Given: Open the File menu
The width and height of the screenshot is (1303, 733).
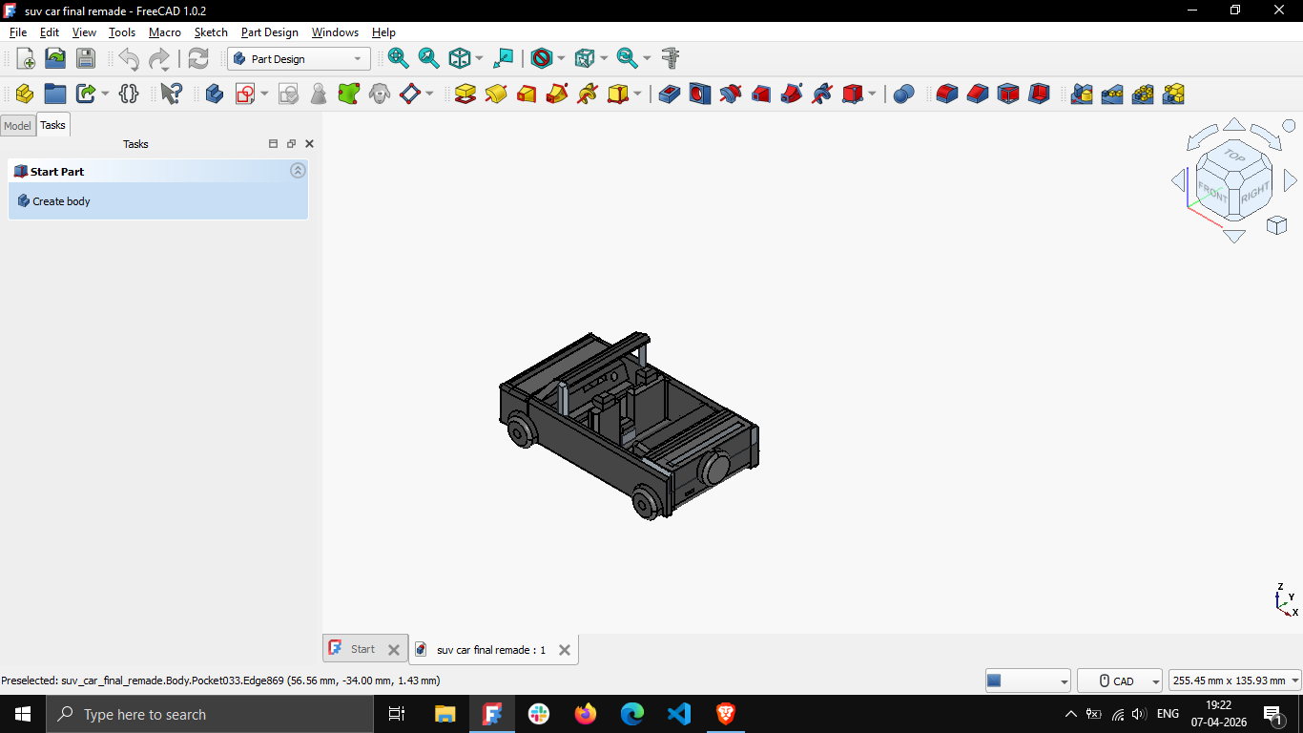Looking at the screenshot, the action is tap(18, 32).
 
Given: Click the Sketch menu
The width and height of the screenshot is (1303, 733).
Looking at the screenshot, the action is tap(211, 32).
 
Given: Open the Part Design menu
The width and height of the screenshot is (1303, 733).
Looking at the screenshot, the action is tap(269, 32).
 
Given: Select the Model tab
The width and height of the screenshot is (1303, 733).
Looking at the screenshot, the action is tap(17, 126).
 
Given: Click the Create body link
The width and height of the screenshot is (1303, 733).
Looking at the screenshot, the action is tap(61, 201).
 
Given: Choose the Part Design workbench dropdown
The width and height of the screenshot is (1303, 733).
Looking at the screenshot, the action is tap(299, 59).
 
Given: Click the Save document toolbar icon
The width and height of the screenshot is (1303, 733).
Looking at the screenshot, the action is tap(86, 59).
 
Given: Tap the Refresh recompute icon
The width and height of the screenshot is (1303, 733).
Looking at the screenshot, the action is tap(198, 59).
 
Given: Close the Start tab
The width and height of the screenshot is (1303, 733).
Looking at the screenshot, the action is tap(394, 650).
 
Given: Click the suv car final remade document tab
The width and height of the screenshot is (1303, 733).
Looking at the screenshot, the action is tap(491, 650).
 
